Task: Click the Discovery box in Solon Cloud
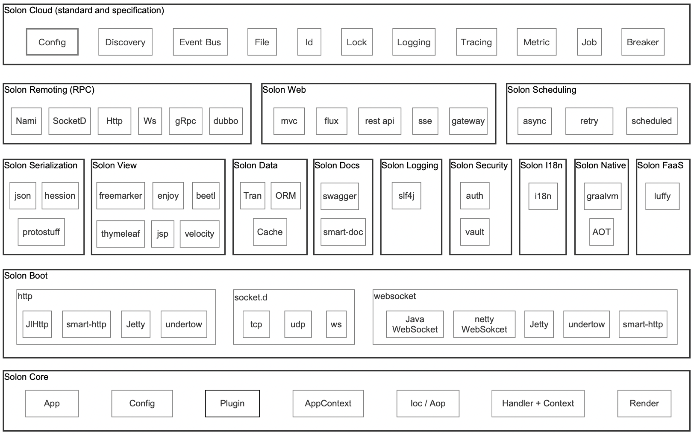(125, 42)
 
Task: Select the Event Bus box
(200, 42)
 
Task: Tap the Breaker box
(643, 42)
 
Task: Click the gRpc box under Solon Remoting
(185, 121)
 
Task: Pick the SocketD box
(70, 121)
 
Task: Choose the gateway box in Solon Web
(468, 121)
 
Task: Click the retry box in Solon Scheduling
(589, 121)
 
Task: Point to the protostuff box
(41, 232)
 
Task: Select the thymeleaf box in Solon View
(121, 234)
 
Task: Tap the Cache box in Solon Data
(270, 232)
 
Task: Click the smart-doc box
(343, 232)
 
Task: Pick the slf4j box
(406, 196)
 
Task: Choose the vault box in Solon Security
(474, 232)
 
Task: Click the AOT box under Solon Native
(601, 232)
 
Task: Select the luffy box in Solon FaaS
(662, 196)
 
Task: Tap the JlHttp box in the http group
(37, 324)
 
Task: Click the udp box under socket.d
(298, 324)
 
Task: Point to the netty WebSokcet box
(484, 324)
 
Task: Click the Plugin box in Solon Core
(232, 403)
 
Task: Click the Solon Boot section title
(26, 276)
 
